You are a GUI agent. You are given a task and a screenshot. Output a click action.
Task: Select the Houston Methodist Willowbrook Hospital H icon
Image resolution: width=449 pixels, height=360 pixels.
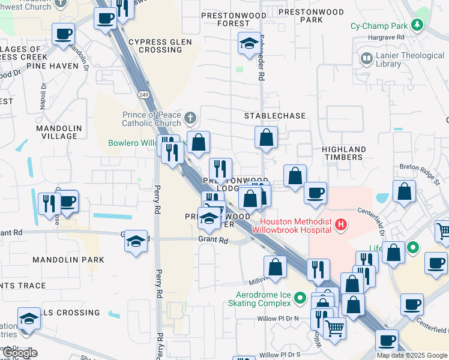point(341,226)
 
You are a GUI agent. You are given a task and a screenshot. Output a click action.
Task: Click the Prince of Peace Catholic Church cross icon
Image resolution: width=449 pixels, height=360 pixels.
point(190,116)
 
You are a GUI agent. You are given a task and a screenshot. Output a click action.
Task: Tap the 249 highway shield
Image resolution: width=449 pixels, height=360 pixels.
point(143,95)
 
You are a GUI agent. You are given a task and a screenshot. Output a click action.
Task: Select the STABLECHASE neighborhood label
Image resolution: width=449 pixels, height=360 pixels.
point(275,115)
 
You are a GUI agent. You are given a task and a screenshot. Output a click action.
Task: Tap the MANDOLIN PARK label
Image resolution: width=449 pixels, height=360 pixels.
point(68,260)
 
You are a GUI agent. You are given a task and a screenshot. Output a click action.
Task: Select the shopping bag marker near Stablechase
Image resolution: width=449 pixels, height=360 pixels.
point(266,137)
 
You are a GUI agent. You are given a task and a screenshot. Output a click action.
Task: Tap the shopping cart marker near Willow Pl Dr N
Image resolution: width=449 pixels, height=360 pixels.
point(334,328)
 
